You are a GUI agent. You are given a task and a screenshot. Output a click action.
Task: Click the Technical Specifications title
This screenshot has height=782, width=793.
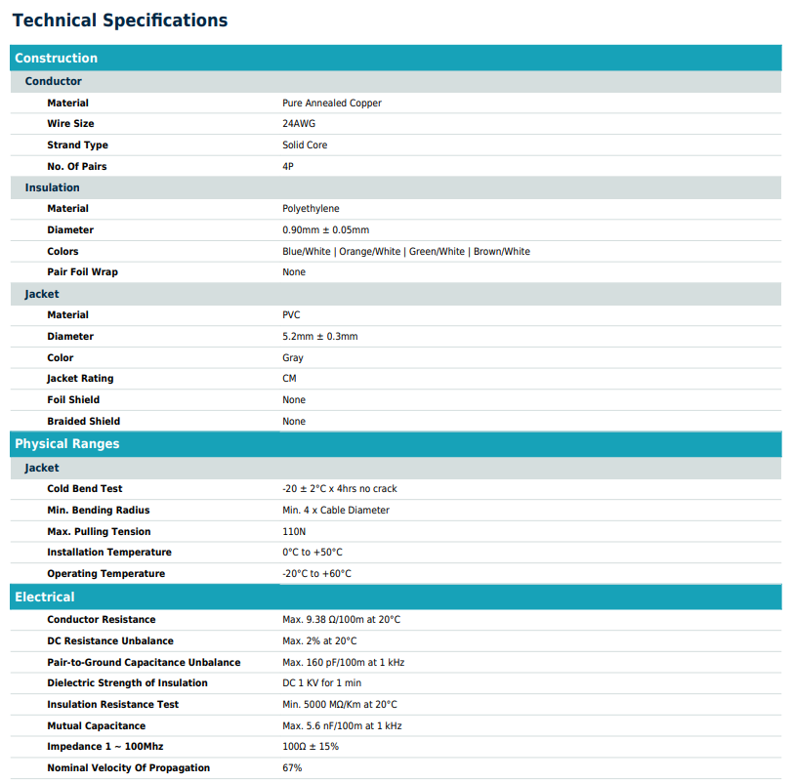120,21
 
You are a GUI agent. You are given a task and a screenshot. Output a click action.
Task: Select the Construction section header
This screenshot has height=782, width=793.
57,59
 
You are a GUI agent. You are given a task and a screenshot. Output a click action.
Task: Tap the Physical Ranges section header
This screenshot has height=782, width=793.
67,444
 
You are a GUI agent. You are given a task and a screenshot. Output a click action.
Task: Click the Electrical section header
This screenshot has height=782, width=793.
45,597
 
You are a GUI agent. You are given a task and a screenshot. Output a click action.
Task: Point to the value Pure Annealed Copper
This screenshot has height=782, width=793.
332,103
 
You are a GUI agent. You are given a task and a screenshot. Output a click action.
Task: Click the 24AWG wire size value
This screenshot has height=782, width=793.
299,124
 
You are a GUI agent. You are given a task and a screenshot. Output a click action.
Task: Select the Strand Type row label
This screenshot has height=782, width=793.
78,145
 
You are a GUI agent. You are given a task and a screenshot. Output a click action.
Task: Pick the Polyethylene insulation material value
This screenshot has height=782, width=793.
312,209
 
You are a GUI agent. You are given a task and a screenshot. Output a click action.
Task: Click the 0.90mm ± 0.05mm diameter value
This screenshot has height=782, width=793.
326,230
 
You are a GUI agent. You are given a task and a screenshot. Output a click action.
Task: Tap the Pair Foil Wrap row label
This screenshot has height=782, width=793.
83,272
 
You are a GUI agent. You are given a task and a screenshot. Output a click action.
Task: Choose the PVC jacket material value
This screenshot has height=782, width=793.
292,315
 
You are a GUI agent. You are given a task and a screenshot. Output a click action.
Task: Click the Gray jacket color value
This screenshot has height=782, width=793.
293,358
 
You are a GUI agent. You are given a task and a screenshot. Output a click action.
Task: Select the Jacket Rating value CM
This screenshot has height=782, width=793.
290,379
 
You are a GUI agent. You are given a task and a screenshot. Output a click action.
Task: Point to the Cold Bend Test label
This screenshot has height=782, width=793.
85,489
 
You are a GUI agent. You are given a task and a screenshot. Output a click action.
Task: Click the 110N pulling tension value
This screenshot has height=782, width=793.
294,532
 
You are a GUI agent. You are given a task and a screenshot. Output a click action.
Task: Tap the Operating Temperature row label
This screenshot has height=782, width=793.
106,574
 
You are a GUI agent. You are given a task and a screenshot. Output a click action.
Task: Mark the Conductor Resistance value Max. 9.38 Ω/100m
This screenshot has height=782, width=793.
342,620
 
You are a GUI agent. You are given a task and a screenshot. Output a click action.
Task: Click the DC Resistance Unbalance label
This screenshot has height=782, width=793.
110,641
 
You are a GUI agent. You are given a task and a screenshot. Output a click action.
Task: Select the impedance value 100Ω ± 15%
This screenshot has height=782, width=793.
311,747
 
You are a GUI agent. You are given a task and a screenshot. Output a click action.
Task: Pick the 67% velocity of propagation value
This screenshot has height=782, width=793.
292,768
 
